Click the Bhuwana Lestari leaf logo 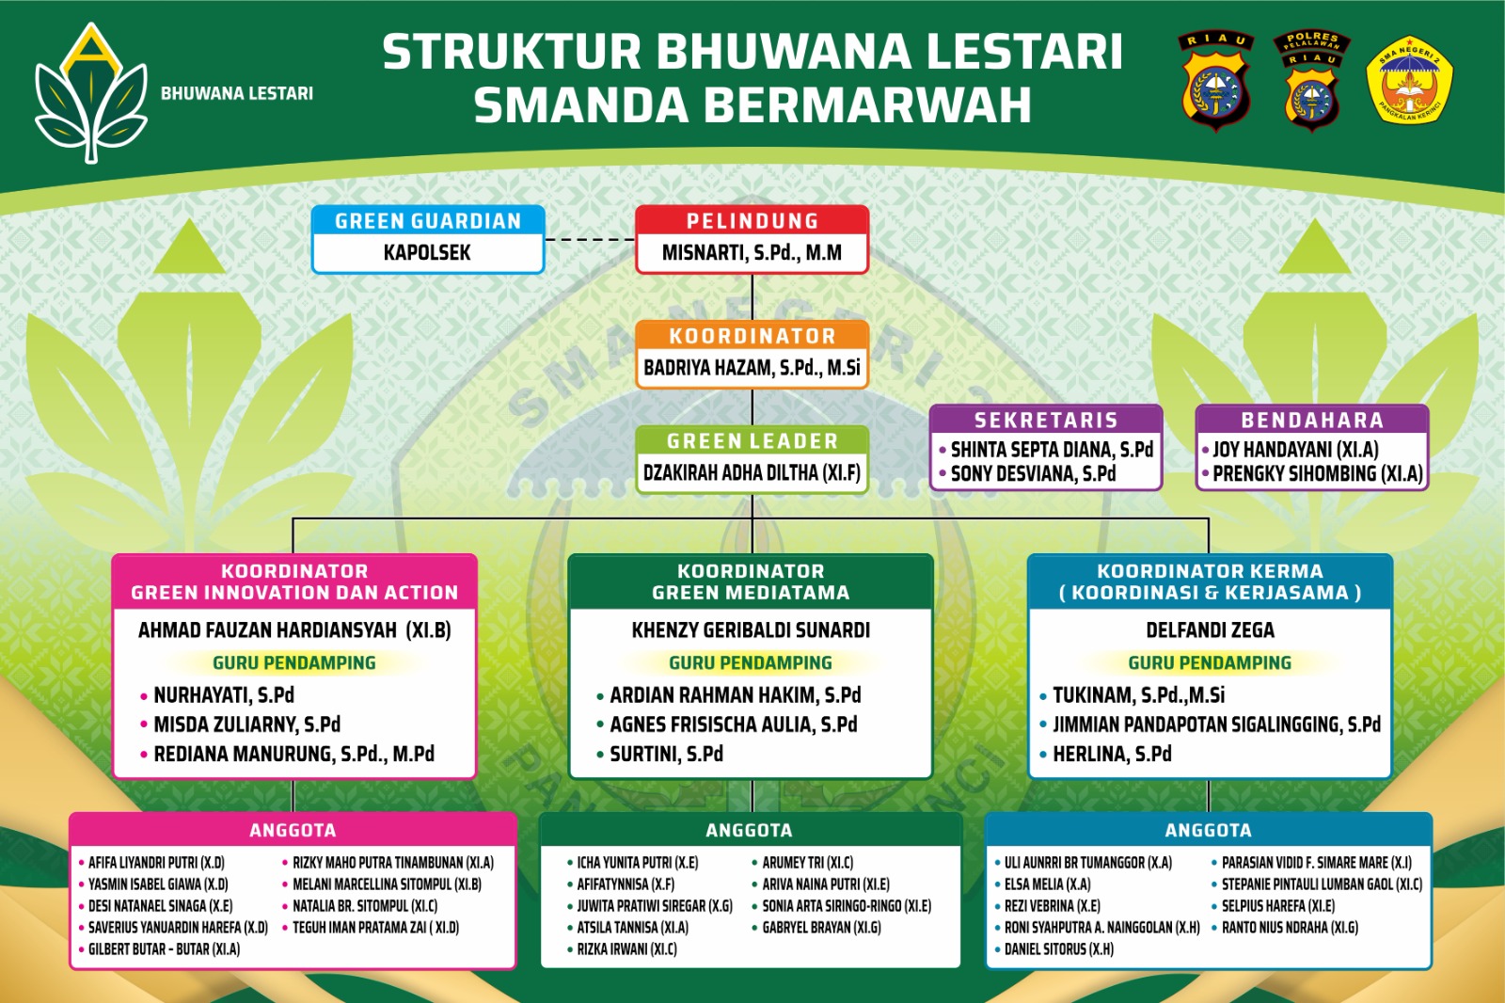[x=90, y=93]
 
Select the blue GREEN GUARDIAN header [x=428, y=220]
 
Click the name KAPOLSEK [x=427, y=253]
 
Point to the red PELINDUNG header [x=752, y=220]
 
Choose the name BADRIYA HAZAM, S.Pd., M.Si [x=752, y=368]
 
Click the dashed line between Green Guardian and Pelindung [x=590, y=239]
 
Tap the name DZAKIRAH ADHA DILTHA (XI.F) [x=752, y=472]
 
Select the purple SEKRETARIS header [x=1046, y=421]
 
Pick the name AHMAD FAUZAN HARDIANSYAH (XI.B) [x=294, y=629]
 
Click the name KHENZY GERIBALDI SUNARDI [x=751, y=629]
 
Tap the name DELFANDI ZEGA [x=1210, y=629]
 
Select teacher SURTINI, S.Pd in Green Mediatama [x=667, y=755]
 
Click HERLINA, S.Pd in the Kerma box [x=1112, y=755]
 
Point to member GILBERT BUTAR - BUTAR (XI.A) [x=164, y=949]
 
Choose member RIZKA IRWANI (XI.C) [x=626, y=949]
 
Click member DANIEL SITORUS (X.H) [x=1059, y=949]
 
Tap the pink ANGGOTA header [x=293, y=830]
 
